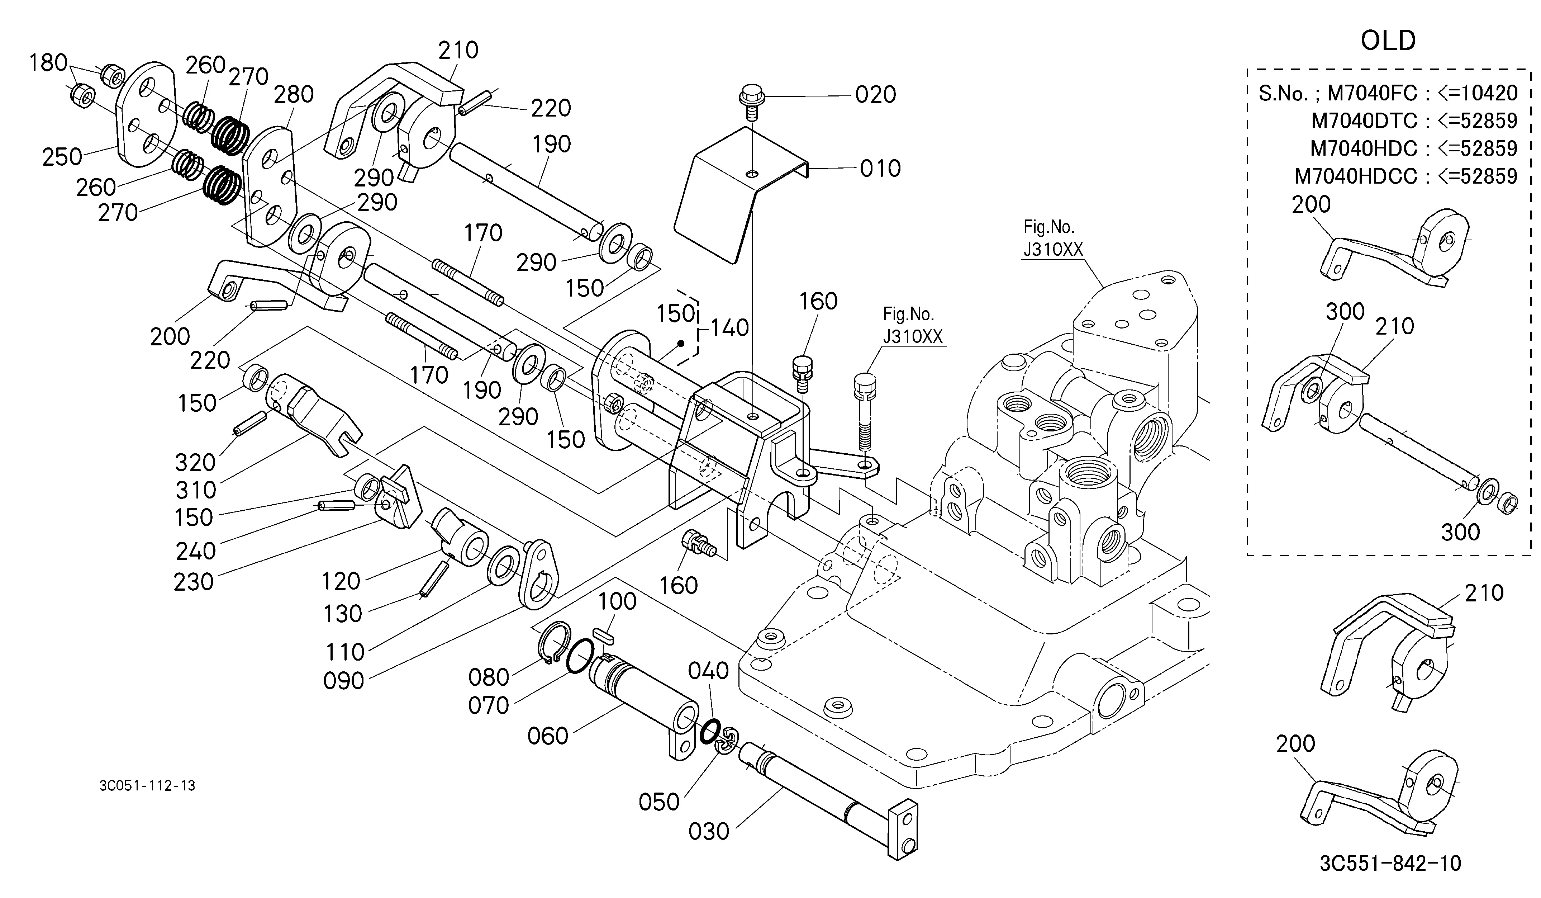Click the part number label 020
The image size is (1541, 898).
(876, 95)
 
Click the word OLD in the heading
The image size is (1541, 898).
(1388, 41)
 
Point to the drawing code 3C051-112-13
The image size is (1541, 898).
(147, 785)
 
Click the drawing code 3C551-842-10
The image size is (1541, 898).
(1390, 863)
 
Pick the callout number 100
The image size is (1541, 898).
(617, 601)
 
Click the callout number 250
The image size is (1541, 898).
(62, 157)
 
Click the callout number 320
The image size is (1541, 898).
(195, 463)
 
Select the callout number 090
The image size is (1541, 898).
(343, 680)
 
